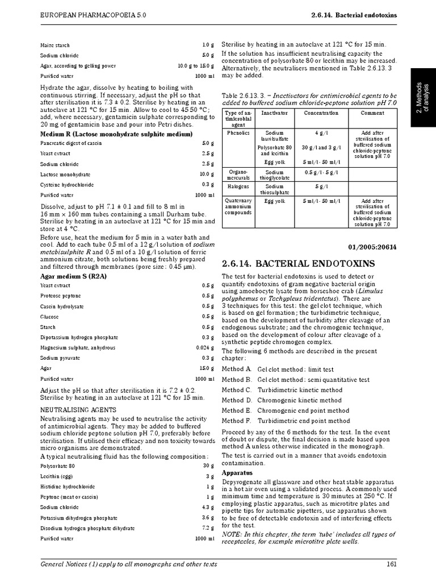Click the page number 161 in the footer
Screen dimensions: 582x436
pos(391,564)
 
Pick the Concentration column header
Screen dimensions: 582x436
pos(321,113)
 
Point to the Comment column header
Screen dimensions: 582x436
pos(372,113)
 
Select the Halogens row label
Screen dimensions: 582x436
pos(235,186)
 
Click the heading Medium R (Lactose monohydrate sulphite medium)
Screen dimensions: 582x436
pos(116,134)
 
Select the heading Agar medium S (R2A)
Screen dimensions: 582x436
pos(73,276)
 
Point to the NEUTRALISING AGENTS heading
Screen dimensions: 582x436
pos(78,410)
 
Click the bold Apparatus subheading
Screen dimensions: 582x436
pos(237,473)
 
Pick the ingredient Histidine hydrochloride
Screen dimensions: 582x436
pos(68,487)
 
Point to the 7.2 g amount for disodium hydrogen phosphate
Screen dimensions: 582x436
pos(208,528)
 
